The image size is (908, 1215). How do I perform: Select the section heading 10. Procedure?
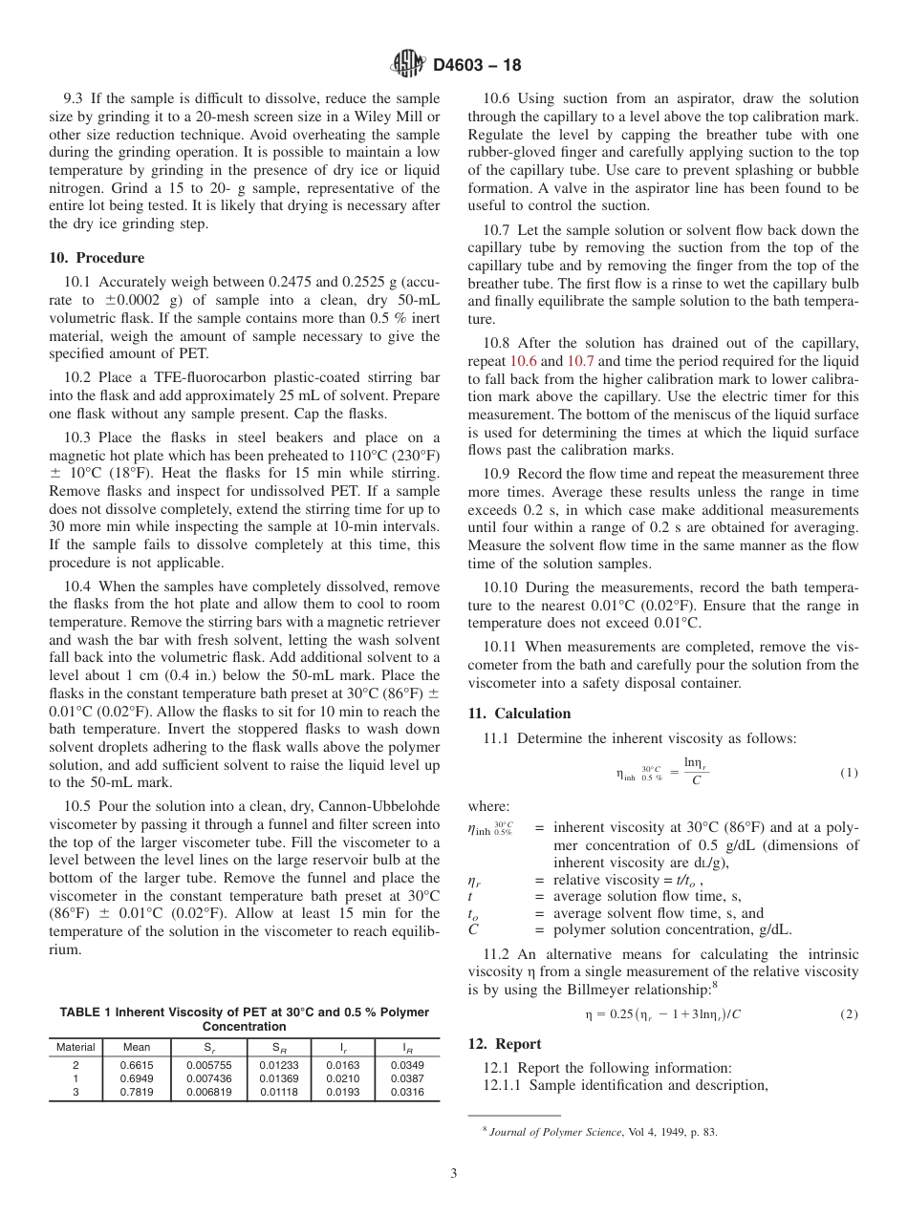click(97, 258)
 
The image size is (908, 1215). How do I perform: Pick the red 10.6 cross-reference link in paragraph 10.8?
click(525, 361)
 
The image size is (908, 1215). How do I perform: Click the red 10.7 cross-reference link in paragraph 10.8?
click(580, 361)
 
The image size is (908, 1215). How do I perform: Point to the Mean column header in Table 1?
click(136, 1047)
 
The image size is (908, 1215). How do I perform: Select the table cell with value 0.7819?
click(136, 1092)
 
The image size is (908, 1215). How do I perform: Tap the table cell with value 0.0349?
click(408, 1064)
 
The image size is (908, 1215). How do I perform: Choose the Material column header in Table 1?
click(76, 1047)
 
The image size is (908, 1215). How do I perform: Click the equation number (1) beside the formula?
click(849, 772)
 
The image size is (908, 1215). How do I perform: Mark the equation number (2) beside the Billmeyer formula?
click(849, 1014)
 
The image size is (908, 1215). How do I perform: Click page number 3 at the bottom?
click(454, 1174)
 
